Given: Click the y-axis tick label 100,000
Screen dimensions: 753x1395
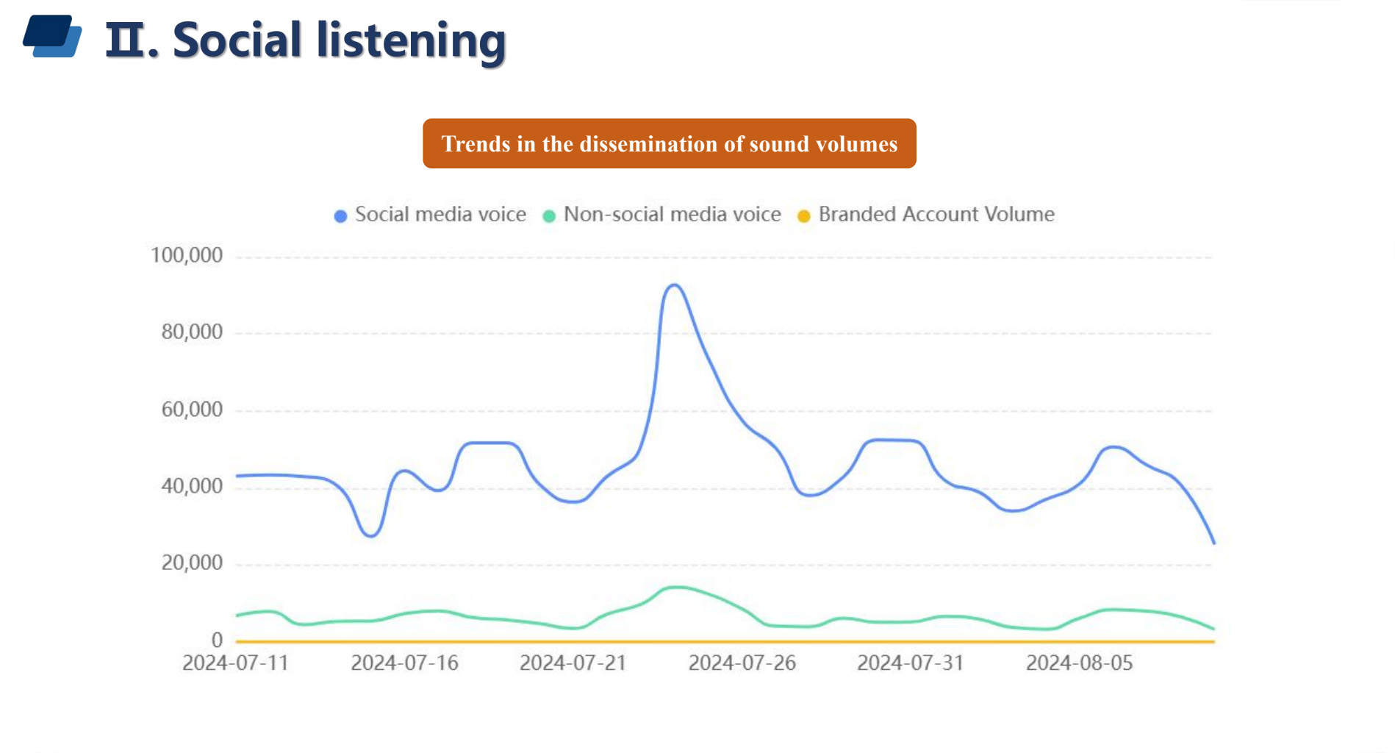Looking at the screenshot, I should coord(186,255).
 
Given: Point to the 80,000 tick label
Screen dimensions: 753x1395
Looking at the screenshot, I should coord(191,332).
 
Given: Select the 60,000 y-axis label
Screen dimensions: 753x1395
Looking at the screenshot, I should coord(191,409).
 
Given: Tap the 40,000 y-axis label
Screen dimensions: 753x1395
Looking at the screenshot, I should coord(191,486).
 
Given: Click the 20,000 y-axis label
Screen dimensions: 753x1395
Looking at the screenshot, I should coord(191,563).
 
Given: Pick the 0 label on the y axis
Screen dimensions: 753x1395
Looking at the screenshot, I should coord(217,640).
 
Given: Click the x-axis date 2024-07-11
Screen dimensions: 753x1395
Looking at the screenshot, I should coord(235,663).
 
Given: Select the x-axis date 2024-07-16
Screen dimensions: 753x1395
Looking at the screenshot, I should coord(404,663).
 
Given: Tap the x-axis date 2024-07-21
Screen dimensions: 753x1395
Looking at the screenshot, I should coord(573,663).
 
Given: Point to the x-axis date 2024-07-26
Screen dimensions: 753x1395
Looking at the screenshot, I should coord(742,663).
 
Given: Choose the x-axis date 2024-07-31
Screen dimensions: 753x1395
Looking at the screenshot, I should coord(910,663).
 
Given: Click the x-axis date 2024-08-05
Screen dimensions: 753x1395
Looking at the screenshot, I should coord(1079,663).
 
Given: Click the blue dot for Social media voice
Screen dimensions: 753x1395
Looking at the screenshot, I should coord(340,216).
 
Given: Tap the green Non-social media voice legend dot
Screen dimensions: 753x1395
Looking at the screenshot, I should coord(549,216).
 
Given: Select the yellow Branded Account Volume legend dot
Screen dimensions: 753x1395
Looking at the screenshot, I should coord(804,216).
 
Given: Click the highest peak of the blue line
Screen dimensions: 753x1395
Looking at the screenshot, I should coord(674,285).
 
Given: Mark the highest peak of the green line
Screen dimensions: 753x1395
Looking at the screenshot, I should coord(677,587).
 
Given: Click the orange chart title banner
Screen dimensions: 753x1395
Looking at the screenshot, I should coord(669,143).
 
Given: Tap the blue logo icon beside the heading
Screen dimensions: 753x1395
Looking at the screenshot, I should coord(52,36).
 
